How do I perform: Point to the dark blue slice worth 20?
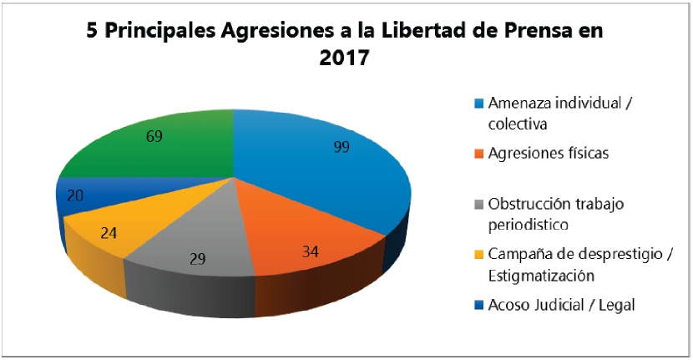point(79,196)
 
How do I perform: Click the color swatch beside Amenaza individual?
point(479,104)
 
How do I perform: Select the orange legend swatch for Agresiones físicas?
point(479,154)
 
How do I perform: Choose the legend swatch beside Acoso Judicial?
point(479,305)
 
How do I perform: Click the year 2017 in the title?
point(345,60)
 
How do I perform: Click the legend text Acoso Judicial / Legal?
point(563,305)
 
